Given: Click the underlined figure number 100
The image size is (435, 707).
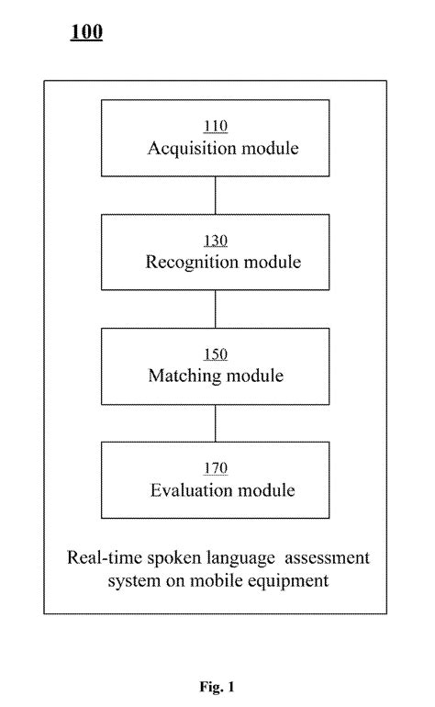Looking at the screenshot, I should point(86,33).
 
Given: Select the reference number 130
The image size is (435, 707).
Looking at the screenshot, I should point(215,242).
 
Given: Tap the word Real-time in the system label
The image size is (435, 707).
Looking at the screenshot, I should point(98,557).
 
